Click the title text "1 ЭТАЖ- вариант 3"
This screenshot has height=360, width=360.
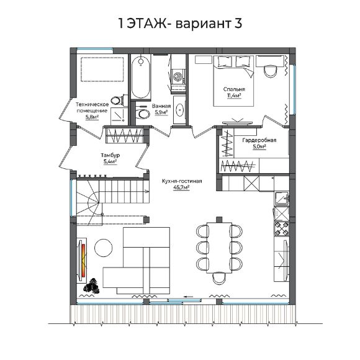pos(180,24)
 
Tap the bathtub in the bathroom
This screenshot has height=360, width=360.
pos(141,77)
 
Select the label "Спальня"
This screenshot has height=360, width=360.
pos(234,89)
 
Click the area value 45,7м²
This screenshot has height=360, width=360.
pos(181,187)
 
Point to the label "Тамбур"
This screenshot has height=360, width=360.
pos(110,155)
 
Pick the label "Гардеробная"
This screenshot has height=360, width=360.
pos(259,140)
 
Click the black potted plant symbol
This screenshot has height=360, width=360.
pos(92,286)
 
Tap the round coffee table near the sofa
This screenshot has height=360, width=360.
pos(104,248)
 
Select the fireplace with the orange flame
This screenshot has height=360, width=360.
pos(83,261)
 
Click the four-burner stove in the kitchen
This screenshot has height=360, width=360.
pos(282,228)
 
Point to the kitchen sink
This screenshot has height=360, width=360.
pos(282,197)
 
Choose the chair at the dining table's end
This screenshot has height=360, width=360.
pos(219,278)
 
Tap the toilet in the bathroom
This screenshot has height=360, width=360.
pos(142,114)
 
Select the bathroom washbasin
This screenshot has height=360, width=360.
pos(179,110)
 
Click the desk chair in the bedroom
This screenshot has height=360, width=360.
pos(271,71)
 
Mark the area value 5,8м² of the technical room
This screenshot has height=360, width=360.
pos(92,117)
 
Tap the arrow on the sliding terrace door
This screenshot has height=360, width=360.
pos(189,297)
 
